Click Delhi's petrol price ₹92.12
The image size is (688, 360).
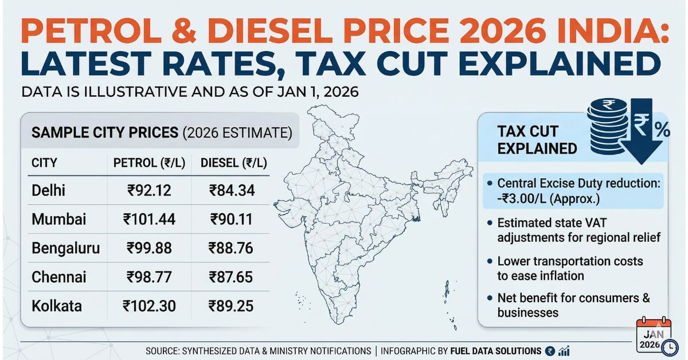coord(147,190)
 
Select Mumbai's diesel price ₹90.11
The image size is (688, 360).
coord(232,219)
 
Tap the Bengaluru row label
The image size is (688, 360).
coord(66,248)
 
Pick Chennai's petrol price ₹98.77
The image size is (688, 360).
coord(148,277)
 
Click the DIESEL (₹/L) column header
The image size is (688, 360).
coord(233,163)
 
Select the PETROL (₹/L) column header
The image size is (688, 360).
coord(148,163)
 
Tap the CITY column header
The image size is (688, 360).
coord(44,163)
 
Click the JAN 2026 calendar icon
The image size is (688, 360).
coord(655,338)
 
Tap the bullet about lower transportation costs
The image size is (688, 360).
coord(568,268)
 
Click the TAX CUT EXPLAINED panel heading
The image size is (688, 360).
coord(536,140)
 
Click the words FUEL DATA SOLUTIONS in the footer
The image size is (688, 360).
coord(495,351)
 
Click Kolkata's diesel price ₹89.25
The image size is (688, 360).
coord(231,306)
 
